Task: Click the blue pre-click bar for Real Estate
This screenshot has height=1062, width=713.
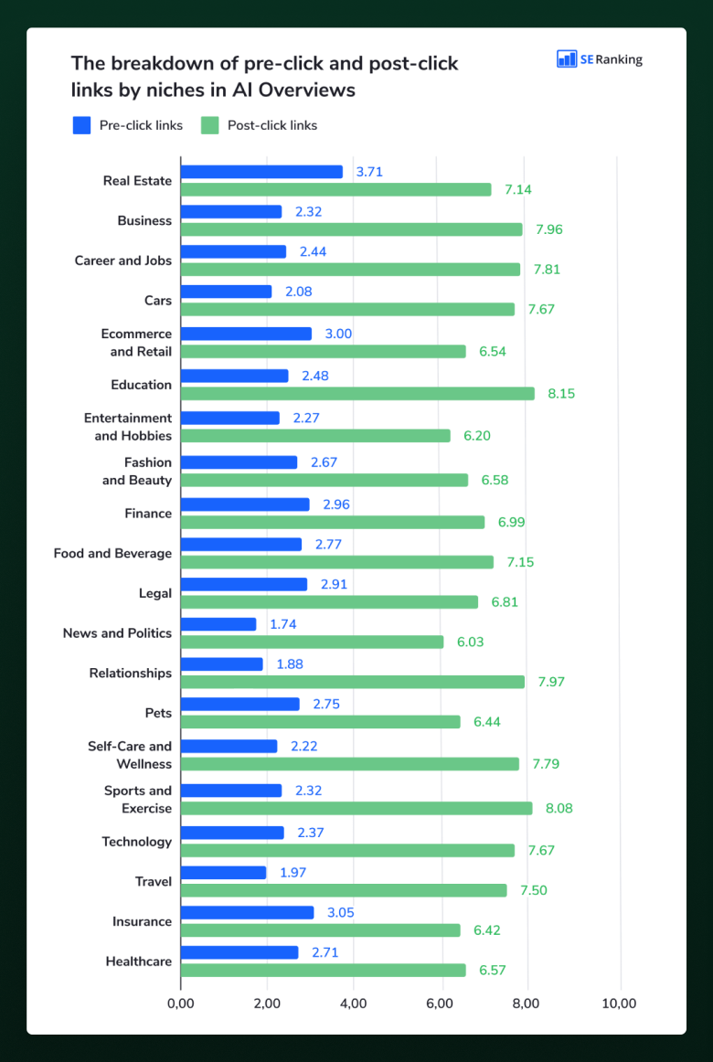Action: (x=262, y=172)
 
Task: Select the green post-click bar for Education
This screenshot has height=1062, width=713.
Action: (x=357, y=394)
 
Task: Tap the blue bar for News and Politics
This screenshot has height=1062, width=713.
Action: (x=218, y=624)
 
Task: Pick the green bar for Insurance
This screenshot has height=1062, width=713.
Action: (x=320, y=929)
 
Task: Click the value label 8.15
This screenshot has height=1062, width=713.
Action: (x=562, y=394)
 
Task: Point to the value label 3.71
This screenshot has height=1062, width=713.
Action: (x=369, y=172)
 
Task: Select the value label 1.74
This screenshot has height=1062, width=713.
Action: (x=283, y=624)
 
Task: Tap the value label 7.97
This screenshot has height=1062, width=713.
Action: (x=552, y=682)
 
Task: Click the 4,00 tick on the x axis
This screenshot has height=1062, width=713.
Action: (x=355, y=1004)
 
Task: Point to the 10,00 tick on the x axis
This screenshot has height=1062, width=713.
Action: (x=618, y=1004)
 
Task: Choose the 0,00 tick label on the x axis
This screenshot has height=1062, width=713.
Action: (x=181, y=1004)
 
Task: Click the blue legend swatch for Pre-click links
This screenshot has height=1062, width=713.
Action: (x=81, y=125)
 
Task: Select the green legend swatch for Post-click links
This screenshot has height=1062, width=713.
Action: (x=210, y=125)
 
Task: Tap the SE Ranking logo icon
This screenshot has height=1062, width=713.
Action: (x=566, y=58)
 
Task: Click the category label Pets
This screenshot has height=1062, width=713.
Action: (x=158, y=713)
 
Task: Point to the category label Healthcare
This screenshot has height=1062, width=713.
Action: (x=139, y=961)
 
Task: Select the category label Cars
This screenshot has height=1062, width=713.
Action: (x=158, y=300)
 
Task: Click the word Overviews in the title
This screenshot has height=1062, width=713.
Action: (x=308, y=90)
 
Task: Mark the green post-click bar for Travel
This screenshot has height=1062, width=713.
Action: (x=344, y=890)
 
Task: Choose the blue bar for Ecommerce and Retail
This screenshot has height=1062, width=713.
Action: (x=247, y=334)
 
